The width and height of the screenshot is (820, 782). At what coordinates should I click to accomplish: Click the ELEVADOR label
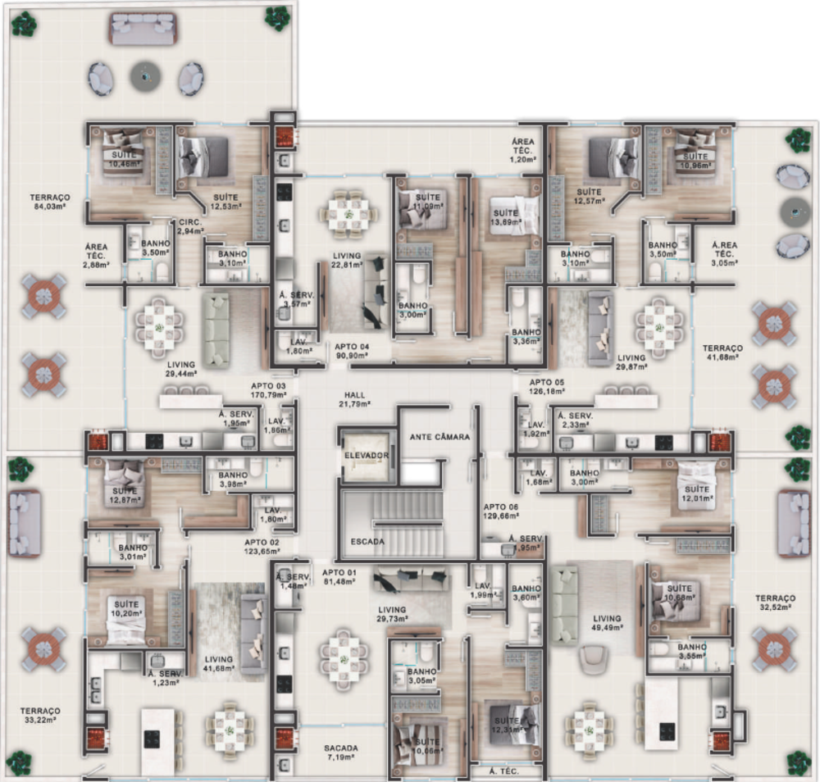(x=366, y=456)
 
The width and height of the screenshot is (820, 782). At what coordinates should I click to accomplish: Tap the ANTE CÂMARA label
(x=440, y=437)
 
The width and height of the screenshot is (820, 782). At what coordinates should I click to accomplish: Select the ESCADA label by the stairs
(x=367, y=542)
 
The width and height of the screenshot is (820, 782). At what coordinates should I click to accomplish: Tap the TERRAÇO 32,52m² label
(x=775, y=603)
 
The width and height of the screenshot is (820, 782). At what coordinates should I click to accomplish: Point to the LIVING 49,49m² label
(x=608, y=623)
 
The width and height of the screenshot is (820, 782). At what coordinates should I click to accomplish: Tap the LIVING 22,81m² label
(x=347, y=260)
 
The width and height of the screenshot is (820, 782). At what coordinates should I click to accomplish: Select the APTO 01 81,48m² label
(x=339, y=577)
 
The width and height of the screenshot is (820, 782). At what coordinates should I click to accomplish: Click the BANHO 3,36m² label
(x=526, y=337)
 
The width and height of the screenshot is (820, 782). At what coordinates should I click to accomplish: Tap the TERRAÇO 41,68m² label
(x=722, y=352)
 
